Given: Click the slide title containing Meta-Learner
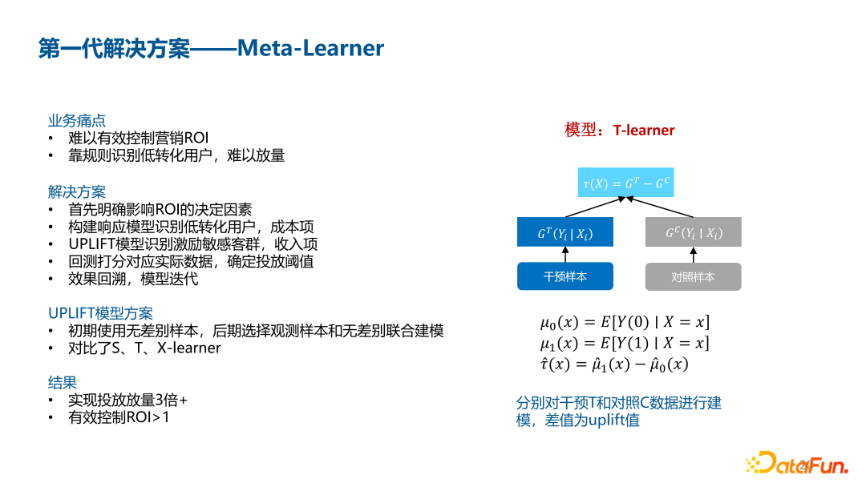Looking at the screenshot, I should click(212, 49).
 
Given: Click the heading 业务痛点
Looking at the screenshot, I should click(77, 121).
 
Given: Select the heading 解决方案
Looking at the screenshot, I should click(77, 192).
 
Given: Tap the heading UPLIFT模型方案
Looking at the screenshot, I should click(100, 313).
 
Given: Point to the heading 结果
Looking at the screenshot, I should click(63, 382).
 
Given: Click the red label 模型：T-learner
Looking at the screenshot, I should click(620, 130).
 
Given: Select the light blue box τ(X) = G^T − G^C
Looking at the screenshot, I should click(626, 183).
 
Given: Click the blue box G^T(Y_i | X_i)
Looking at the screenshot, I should click(565, 232).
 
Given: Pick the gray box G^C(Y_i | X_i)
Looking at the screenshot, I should click(693, 232).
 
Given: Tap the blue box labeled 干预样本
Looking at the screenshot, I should click(565, 276).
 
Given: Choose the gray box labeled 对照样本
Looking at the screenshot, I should click(693, 276).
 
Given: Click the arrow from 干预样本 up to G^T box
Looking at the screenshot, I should click(565, 255).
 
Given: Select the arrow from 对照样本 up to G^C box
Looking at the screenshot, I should click(693, 255).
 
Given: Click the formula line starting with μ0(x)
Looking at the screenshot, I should click(625, 323).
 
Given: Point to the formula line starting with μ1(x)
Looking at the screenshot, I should click(625, 344).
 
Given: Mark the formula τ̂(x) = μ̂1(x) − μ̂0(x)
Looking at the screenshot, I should click(614, 364).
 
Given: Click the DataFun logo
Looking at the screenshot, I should click(796, 464).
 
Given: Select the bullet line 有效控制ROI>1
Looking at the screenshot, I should click(119, 417).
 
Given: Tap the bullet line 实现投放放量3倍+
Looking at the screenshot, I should click(127, 400).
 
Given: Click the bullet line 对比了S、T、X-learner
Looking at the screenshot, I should click(144, 348).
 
